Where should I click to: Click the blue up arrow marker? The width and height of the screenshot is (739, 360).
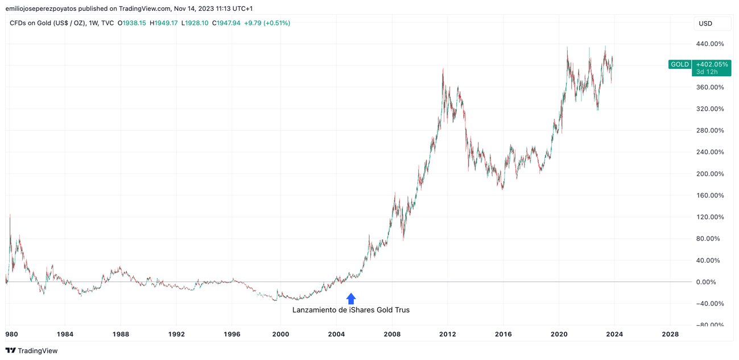pyautogui.click(x=351, y=299)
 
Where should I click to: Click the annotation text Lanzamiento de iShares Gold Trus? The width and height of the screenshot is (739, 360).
pyautogui.click(x=351, y=310)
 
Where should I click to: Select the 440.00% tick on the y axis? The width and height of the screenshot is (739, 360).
pyautogui.click(x=710, y=44)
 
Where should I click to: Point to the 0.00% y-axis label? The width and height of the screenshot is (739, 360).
pyautogui.click(x=710, y=282)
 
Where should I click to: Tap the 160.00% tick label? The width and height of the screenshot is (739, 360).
pyautogui.click(x=710, y=196)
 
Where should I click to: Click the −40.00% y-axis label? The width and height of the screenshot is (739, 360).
pyautogui.click(x=710, y=304)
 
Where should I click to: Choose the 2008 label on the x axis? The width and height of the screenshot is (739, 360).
pyautogui.click(x=392, y=334)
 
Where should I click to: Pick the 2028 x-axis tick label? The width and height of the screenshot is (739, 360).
pyautogui.click(x=670, y=334)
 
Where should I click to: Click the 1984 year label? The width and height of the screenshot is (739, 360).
pyautogui.click(x=65, y=334)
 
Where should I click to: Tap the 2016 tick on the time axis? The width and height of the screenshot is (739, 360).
pyautogui.click(x=503, y=334)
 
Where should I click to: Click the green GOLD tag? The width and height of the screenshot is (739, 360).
pyautogui.click(x=680, y=64)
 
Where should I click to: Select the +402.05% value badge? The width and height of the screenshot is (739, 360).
pyautogui.click(x=712, y=64)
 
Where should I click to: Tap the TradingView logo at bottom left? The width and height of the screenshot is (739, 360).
pyautogui.click(x=32, y=351)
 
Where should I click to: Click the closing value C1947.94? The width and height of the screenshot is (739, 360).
pyautogui.click(x=226, y=23)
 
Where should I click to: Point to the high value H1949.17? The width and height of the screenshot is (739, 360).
pyautogui.click(x=164, y=23)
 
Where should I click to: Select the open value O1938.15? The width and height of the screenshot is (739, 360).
pyautogui.click(x=132, y=23)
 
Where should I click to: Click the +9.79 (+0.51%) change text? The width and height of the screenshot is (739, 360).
pyautogui.click(x=267, y=23)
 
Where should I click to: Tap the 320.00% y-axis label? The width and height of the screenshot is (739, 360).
pyautogui.click(x=710, y=109)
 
